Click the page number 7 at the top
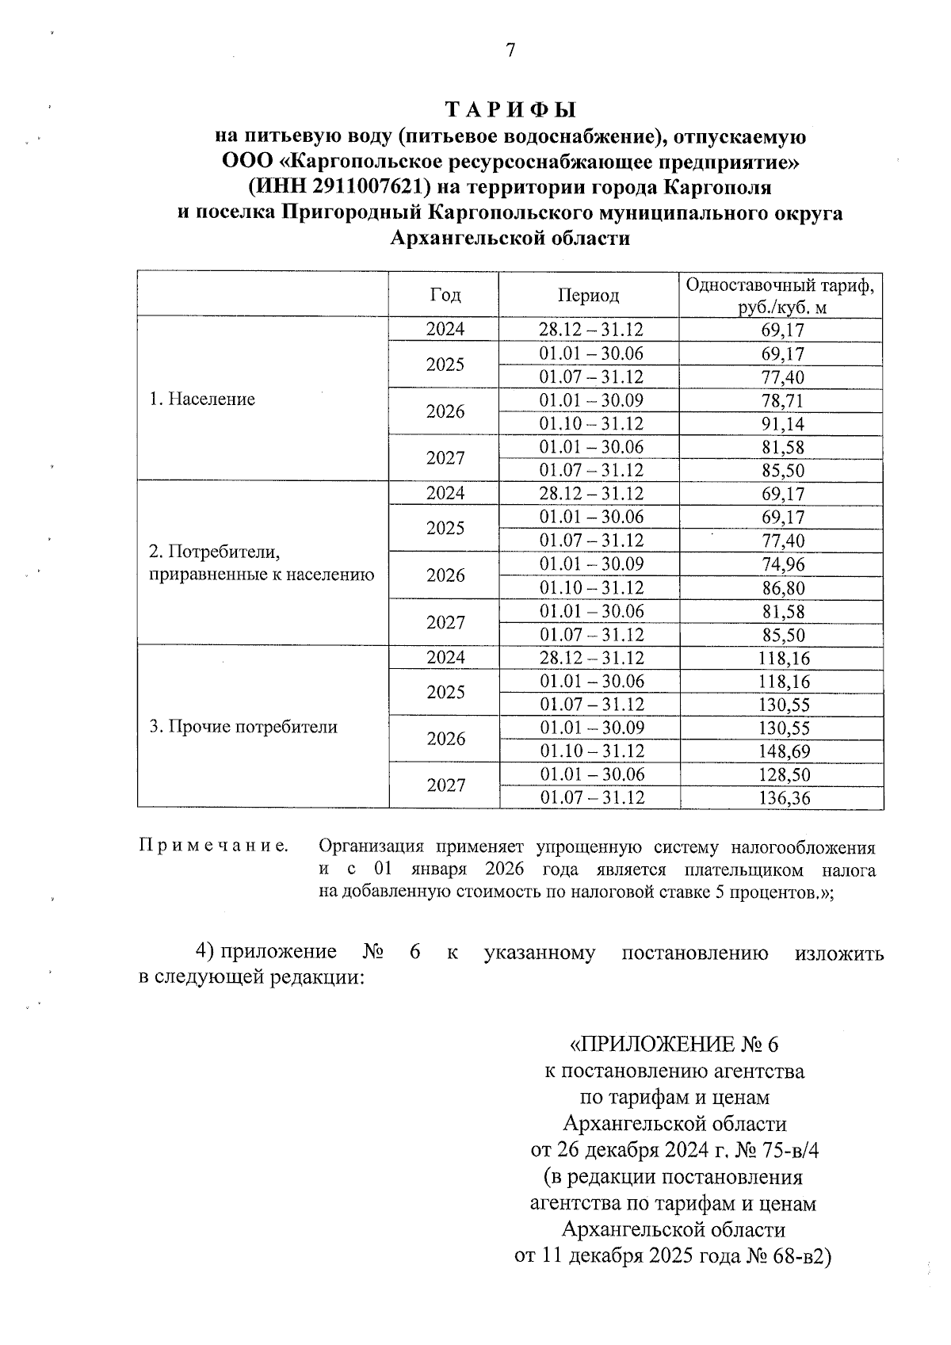pyautogui.click(x=510, y=51)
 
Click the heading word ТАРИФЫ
pyautogui.click(x=510, y=109)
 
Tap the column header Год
pyautogui.click(x=445, y=295)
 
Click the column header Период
pyautogui.click(x=588, y=295)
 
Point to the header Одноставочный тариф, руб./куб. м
pyautogui.click(x=781, y=296)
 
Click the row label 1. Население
pyautogui.click(x=202, y=399)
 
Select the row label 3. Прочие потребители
pyautogui.click(x=243, y=727)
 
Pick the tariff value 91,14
pyautogui.click(x=782, y=424)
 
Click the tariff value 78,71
pyautogui.click(x=782, y=400)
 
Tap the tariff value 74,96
pyautogui.click(x=782, y=564)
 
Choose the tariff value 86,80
pyautogui.click(x=782, y=588)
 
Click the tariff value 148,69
pyautogui.click(x=782, y=751)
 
